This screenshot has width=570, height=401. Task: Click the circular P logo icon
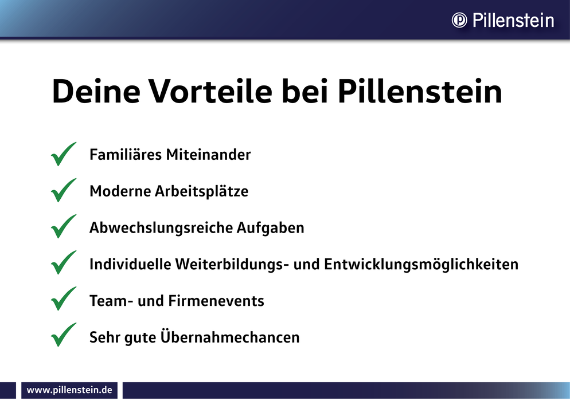459,20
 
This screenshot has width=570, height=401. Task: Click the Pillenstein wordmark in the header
513,20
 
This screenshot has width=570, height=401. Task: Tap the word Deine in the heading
96,91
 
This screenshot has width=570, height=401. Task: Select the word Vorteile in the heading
211,91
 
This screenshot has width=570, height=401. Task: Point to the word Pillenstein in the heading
420,91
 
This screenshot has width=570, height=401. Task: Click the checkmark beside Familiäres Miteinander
64,154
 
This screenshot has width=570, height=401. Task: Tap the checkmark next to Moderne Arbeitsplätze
64,190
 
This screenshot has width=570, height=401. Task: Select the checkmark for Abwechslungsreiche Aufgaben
64,226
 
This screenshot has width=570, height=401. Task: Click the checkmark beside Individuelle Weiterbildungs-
64,262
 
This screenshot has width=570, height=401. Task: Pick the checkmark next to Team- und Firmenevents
64,298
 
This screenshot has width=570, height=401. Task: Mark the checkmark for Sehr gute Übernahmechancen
64,335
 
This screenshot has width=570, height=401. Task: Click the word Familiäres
126,154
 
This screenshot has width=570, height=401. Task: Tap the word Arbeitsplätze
202,191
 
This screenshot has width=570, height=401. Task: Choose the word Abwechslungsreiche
161,228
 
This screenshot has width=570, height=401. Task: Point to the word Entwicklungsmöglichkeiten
421,264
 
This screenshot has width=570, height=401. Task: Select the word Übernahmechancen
230,337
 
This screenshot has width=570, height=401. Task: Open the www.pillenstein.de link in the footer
69,390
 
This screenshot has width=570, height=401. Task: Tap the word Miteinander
208,154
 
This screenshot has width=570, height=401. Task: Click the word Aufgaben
271,228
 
